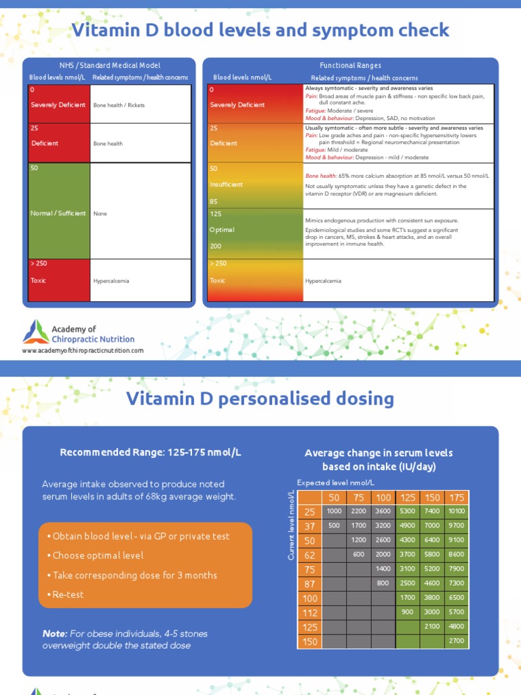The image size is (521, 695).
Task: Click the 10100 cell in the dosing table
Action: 457,511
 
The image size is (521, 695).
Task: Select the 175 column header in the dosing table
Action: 457,497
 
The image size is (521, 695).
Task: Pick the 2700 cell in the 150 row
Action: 457,641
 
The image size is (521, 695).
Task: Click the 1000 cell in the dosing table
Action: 334,511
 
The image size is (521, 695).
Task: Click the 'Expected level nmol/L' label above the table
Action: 335,482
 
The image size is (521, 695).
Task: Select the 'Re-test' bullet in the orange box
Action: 65,595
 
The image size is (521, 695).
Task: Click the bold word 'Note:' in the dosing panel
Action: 55,633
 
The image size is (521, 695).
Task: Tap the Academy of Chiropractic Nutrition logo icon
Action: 35,333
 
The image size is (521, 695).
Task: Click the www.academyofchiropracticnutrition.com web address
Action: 83,351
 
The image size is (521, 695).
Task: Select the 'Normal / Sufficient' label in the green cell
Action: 58,213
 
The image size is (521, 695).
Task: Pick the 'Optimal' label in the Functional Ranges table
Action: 222,229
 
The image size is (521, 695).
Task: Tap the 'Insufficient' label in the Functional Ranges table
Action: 226,184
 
